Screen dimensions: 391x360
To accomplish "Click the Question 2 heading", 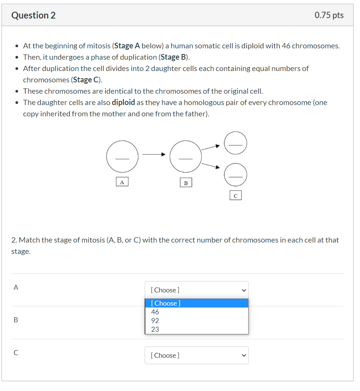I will click(33, 15).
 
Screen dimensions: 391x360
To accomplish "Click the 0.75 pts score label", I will click(329, 15).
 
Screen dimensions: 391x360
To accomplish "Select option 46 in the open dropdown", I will click(155, 312).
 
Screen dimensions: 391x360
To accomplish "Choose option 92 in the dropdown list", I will click(155, 321).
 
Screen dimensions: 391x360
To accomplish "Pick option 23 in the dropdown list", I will click(155, 329).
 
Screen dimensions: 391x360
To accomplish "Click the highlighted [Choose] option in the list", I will click(196, 303).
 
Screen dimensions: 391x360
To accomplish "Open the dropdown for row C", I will click(196, 355).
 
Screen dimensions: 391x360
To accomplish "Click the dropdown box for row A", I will click(196, 290).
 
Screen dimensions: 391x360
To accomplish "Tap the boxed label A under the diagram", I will click(122, 182).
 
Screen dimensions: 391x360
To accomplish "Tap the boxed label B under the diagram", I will click(185, 183).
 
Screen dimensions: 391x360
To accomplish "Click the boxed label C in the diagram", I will click(235, 196).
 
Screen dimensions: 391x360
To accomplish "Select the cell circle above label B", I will click(185, 156).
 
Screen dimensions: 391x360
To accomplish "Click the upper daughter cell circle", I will click(235, 143).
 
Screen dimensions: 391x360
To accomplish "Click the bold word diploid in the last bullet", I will click(123, 102).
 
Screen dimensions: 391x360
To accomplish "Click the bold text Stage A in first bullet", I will click(127, 46).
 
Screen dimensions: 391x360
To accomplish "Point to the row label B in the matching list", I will click(15, 320).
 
